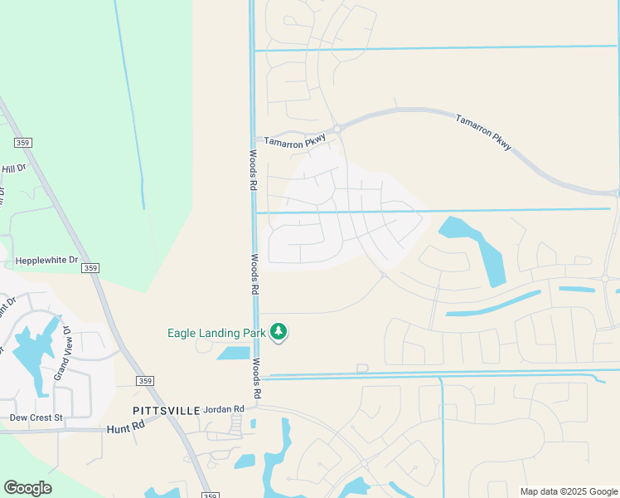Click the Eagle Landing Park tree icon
click(x=279, y=332)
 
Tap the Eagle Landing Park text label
click(x=216, y=333)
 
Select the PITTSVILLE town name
click(x=167, y=411)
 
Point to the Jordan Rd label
click(x=224, y=409)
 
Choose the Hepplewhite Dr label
click(x=46, y=260)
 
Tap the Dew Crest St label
click(x=36, y=417)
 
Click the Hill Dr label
click(x=13, y=168)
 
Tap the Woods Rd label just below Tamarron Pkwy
click(x=253, y=171)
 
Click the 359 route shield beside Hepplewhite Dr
click(x=91, y=267)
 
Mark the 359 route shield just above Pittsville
click(x=145, y=381)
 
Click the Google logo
click(x=27, y=488)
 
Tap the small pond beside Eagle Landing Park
click(x=234, y=353)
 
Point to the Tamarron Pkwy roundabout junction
click(x=338, y=128)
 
